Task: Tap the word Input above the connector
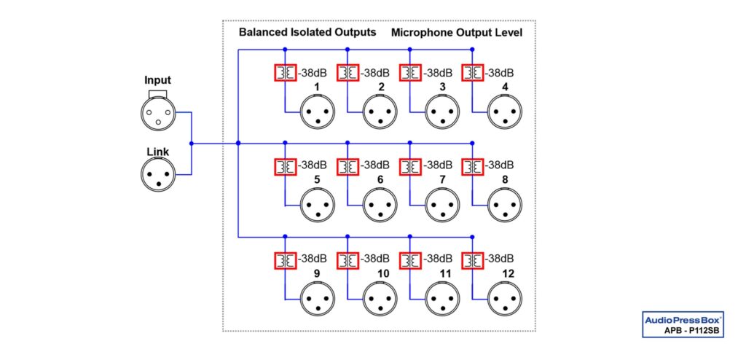(x=158, y=80)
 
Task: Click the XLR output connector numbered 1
(x=318, y=113)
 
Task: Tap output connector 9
(x=318, y=297)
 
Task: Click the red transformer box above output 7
(x=409, y=167)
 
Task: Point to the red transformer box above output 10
(x=347, y=259)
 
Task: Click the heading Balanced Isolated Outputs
(x=307, y=33)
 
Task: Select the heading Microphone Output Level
(x=456, y=33)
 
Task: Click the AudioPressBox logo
(x=683, y=318)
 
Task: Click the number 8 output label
(x=505, y=180)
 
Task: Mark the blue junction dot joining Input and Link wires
(x=192, y=144)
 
